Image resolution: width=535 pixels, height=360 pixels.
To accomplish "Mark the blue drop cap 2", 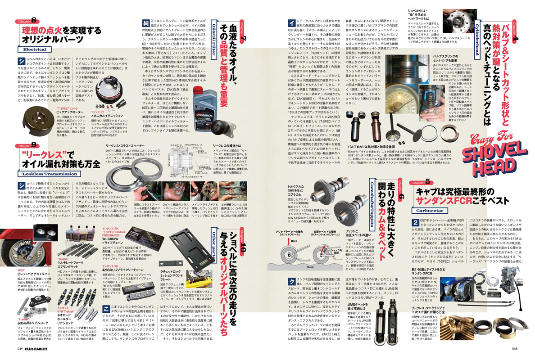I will [x=414, y=223].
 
